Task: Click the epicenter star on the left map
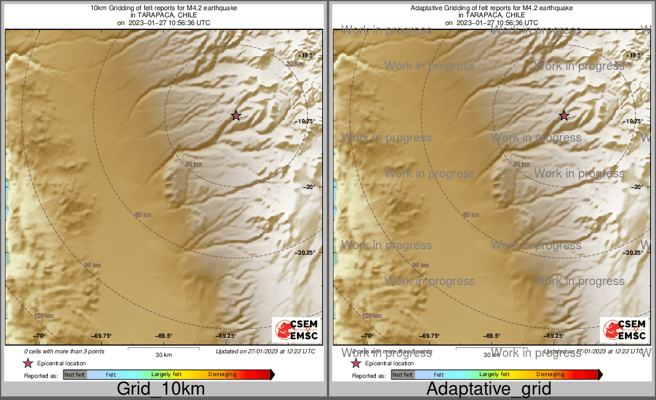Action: [236, 115]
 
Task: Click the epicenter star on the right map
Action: [564, 115]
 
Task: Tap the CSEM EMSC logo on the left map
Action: [296, 330]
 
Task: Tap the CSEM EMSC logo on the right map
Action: [624, 330]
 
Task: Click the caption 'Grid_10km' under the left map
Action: [160, 389]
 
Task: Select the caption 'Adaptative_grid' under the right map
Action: [488, 389]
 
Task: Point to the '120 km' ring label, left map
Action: [44, 316]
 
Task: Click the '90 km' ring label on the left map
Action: [92, 265]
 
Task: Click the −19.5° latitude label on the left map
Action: [306, 56]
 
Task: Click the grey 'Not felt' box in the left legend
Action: [75, 375]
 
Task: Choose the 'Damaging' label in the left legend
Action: [222, 375]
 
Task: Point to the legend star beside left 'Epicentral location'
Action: [28, 363]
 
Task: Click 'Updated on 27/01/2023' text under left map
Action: [265, 352]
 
